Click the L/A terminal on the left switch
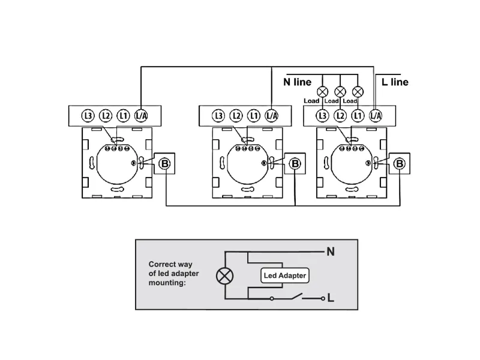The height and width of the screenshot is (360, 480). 141,116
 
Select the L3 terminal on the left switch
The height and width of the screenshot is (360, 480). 88,116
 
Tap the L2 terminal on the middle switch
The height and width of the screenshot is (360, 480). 236,116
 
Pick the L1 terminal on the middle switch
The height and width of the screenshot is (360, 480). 254,116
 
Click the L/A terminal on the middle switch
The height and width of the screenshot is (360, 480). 272,116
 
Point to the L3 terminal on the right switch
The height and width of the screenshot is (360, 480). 322,116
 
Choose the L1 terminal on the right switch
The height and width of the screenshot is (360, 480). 358,116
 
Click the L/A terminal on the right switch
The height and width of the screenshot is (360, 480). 376,116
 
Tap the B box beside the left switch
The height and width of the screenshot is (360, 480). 164,163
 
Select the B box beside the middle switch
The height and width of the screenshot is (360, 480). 295,163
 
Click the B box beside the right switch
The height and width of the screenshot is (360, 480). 400,163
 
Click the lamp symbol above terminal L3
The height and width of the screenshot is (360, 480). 322,92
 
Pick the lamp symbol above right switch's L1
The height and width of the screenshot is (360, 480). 358,92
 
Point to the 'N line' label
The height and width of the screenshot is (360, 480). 297,82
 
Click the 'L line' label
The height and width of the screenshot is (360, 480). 395,82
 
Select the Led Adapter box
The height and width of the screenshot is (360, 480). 284,275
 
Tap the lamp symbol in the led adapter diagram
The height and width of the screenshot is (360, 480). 224,276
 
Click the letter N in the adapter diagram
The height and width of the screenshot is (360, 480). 331,251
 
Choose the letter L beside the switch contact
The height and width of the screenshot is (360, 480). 331,298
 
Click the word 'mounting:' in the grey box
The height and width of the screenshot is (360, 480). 167,283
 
